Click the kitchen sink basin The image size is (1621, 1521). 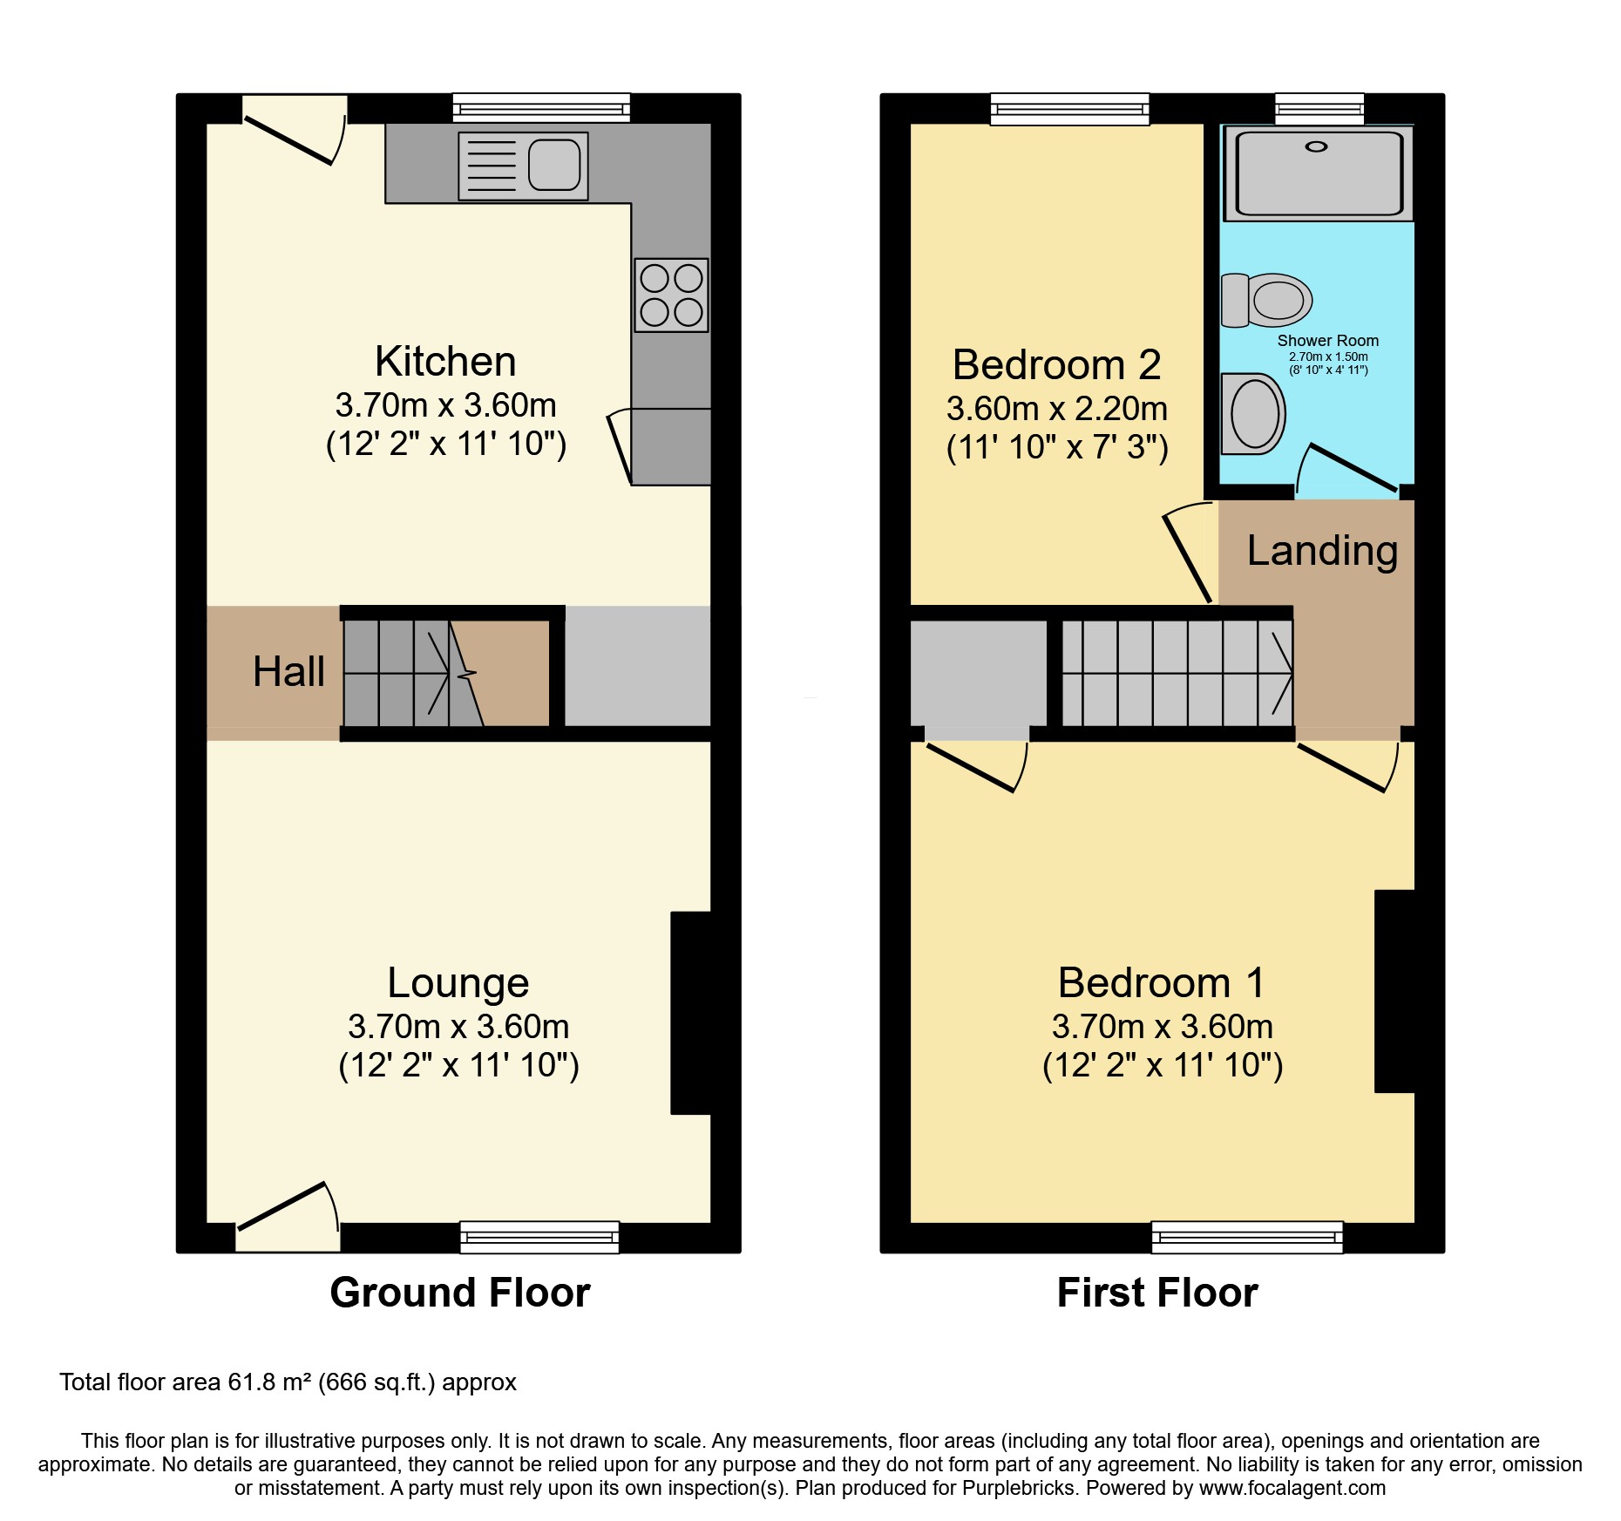(553, 166)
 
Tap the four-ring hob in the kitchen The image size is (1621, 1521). (671, 295)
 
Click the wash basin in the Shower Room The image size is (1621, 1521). (1253, 414)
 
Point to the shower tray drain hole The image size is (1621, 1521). (1316, 146)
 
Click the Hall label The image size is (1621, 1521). (288, 672)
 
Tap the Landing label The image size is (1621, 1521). (1322, 551)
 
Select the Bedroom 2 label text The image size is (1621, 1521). (1056, 365)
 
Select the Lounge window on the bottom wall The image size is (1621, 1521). (539, 1237)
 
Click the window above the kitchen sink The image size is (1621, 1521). (541, 108)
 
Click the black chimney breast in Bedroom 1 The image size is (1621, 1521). (1394, 991)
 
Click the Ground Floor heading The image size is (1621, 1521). (459, 1293)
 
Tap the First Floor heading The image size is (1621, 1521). (1156, 1293)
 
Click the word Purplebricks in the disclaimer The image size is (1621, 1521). (1018, 1489)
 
